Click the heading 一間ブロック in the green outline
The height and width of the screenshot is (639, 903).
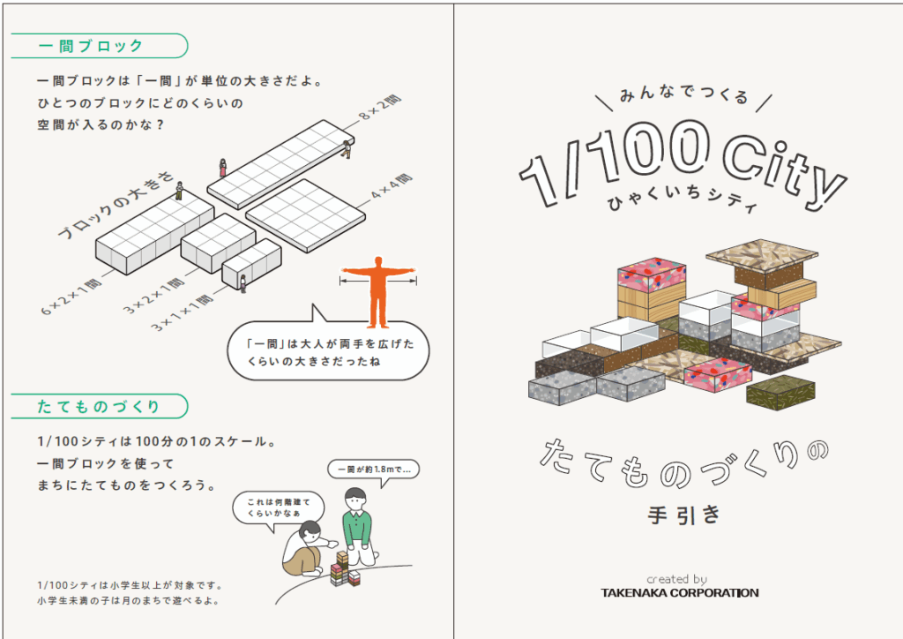(90, 45)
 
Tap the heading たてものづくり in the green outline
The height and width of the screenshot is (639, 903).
(99, 406)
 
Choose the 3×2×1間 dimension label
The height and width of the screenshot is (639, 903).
(155, 295)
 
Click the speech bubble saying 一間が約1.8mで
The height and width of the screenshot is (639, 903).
(373, 469)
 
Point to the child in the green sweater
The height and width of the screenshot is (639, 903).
(357, 525)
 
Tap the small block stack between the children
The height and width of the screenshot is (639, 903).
(345, 569)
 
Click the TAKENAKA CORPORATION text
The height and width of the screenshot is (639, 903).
(679, 592)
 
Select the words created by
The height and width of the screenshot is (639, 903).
(676, 579)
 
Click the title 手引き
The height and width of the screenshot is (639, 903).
(678, 515)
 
